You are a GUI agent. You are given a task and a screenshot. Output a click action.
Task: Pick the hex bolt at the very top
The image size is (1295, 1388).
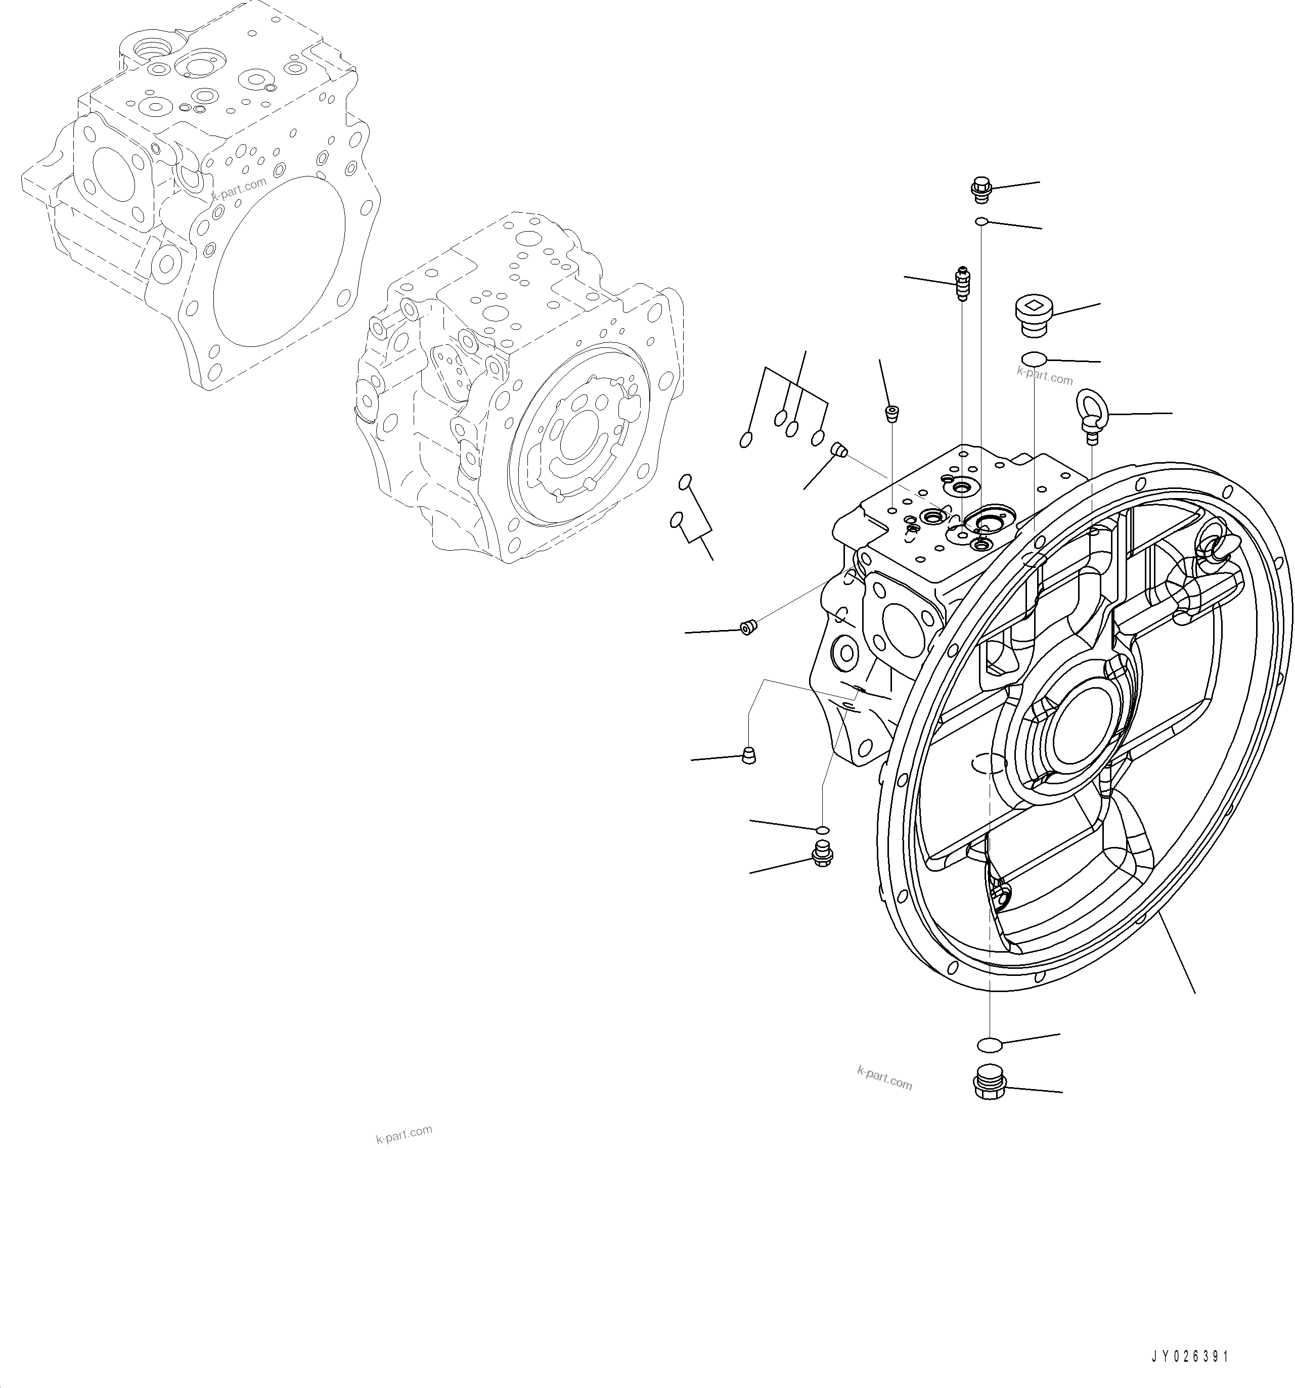(x=981, y=189)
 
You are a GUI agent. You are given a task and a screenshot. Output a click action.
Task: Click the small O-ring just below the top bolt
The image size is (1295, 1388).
(x=981, y=222)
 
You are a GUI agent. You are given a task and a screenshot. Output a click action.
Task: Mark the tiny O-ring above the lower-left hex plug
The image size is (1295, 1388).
(x=822, y=829)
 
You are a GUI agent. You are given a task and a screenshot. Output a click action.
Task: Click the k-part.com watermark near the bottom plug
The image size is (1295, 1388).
(x=884, y=1079)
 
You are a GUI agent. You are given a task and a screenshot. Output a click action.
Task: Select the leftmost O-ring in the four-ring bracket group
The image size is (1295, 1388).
(x=745, y=440)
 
